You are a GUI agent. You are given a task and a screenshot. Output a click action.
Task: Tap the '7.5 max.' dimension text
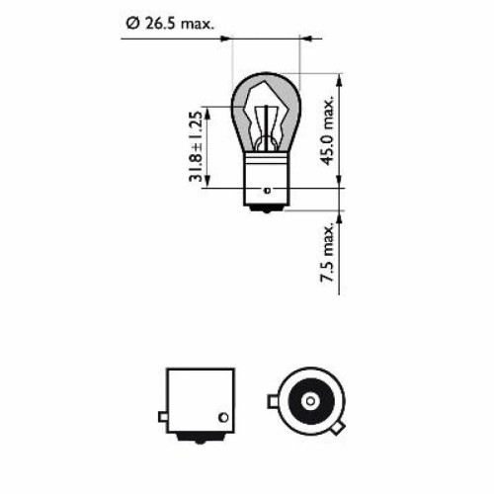click(x=330, y=254)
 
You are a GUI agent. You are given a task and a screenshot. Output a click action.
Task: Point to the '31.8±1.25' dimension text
click(x=197, y=147)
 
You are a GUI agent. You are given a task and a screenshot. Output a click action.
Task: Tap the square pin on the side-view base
click(x=162, y=404)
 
